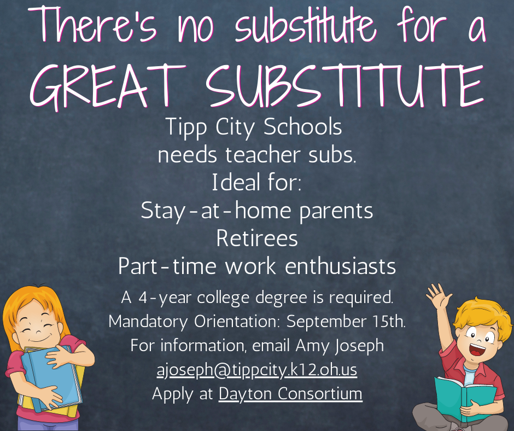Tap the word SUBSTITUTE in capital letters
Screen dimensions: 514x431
click(345, 85)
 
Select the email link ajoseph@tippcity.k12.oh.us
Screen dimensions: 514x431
click(256, 370)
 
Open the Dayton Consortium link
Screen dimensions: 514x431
click(290, 394)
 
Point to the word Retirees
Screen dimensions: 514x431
click(257, 238)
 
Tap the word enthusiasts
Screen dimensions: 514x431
click(340, 266)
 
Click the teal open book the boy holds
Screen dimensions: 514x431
click(465, 399)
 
